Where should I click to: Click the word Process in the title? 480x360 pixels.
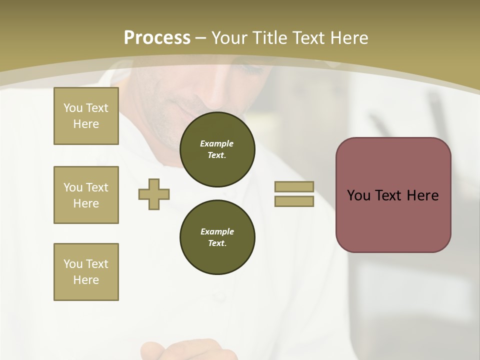click(x=157, y=38)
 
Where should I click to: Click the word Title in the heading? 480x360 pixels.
click(x=269, y=38)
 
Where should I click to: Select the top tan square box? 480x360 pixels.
click(x=86, y=116)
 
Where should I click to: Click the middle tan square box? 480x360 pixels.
click(x=86, y=195)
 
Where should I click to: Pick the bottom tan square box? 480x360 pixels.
click(x=86, y=272)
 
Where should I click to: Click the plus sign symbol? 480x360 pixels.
click(x=154, y=194)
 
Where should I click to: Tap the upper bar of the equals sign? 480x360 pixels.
click(x=294, y=186)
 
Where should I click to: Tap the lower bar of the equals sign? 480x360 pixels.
click(x=294, y=201)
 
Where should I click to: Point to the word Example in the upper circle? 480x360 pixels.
click(x=216, y=143)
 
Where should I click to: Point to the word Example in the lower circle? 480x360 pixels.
click(x=217, y=231)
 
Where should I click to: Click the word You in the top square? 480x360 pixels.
click(x=73, y=108)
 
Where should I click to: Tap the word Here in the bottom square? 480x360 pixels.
click(x=86, y=280)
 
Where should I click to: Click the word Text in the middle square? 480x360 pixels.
click(x=96, y=187)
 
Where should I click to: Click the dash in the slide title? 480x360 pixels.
click(x=201, y=38)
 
